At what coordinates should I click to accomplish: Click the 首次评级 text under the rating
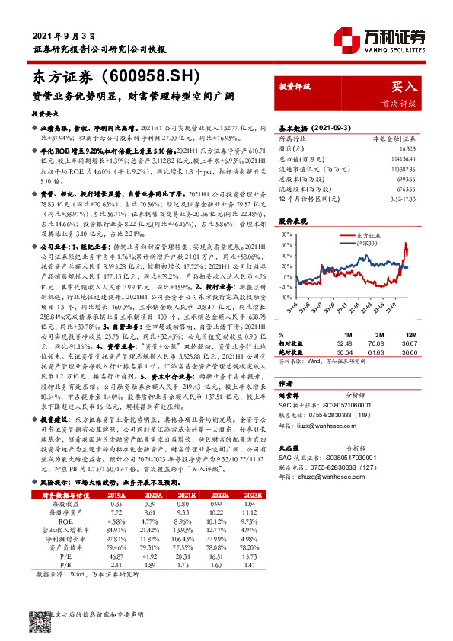[x=400, y=104]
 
